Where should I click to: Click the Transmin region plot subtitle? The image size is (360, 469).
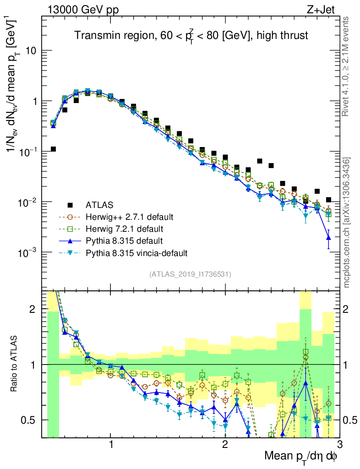[191, 35]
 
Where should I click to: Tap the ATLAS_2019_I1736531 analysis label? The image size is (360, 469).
[190, 274]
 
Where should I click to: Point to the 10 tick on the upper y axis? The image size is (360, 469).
[31, 51]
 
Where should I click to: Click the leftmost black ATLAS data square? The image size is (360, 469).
[53, 149]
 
